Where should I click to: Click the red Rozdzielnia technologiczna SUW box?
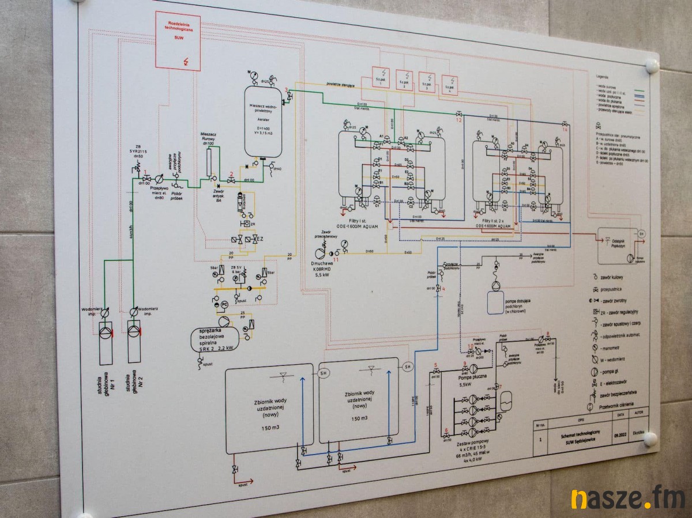pos(178,41)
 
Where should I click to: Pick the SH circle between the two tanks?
pos(323,373)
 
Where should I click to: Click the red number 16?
pos(565,130)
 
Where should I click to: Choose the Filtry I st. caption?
pos(359,223)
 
